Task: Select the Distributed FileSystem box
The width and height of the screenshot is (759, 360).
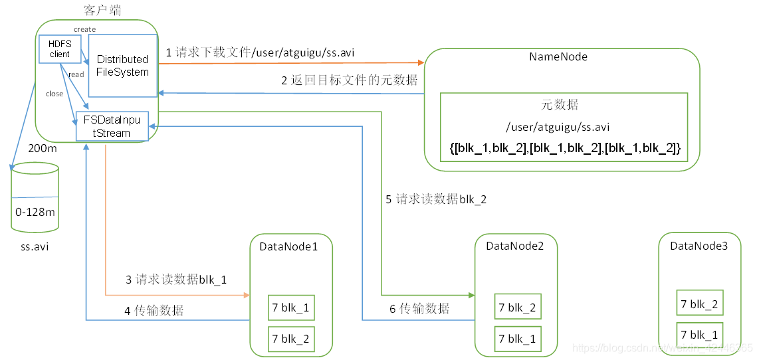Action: point(122,66)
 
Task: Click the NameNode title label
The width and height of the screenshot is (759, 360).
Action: point(558,56)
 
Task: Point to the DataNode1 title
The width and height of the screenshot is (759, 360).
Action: point(288,246)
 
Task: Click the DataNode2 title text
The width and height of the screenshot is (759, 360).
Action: point(515,246)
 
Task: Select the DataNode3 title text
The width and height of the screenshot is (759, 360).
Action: point(699,246)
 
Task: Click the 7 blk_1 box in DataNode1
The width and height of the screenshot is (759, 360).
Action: point(290,308)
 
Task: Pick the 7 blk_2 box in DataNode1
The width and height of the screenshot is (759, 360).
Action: point(290,339)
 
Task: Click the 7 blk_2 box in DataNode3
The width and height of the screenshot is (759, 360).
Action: point(699,304)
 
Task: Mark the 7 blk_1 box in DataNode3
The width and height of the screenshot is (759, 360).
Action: point(699,334)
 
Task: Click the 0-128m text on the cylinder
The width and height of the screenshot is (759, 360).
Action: point(35,212)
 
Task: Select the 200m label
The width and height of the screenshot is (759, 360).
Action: point(42,149)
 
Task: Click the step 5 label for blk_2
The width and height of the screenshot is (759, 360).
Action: point(437,199)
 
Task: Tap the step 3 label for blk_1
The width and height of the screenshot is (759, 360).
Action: point(176,280)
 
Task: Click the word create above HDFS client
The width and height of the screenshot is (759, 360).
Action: point(84,29)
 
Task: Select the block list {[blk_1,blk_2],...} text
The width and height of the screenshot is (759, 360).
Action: point(565,148)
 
